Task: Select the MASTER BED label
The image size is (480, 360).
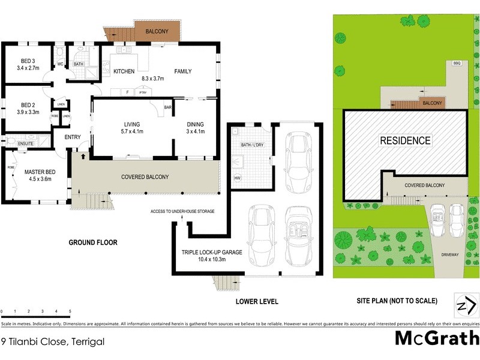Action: point(40,172)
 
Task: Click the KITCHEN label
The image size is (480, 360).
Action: point(124,71)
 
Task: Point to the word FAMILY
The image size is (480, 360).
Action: point(183,71)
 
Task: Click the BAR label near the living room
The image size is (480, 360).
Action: point(169,107)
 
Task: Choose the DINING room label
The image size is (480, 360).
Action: point(196,124)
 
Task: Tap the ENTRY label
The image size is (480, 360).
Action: point(73,137)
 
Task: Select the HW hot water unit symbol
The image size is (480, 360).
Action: point(238,178)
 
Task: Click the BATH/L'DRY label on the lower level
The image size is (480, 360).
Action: point(251,145)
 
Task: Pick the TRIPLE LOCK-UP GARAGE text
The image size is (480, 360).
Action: point(212,253)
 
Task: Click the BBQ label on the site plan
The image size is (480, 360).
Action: point(457,63)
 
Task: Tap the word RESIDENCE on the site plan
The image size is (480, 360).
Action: point(406,141)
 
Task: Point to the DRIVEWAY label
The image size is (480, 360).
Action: point(450,254)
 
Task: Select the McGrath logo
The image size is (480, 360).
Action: point(436,338)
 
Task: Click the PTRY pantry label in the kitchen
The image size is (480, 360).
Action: point(143,92)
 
